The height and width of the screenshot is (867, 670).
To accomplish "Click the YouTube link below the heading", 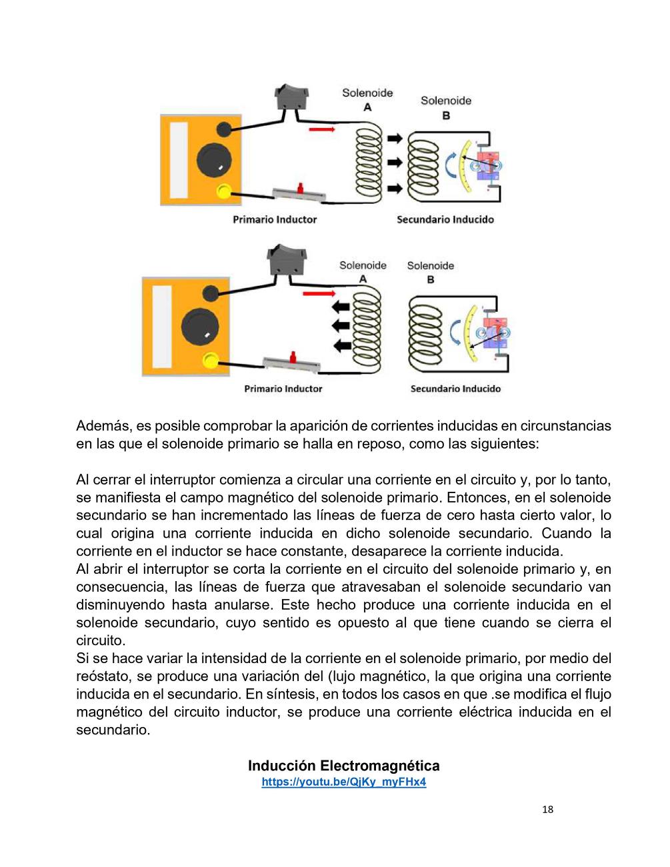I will coord(343,782).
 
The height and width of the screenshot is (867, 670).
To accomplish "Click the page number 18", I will coord(547,810).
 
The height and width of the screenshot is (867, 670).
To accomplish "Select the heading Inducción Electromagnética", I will coord(343,765).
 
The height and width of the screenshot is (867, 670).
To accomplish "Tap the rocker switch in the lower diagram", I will coord(287,260).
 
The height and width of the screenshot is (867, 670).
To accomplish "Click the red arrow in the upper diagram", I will coord(321,129).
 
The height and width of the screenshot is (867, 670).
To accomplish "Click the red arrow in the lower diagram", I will coord(319,293).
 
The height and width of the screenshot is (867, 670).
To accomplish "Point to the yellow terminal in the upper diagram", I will coord(223,191).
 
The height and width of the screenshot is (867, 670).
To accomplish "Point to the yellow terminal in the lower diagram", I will coord(210,361).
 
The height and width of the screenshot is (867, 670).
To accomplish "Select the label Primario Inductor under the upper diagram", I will coord(274,219).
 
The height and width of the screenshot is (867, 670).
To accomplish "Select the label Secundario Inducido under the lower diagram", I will coord(455,389).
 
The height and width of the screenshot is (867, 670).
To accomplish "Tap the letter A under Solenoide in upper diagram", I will coord(367,107).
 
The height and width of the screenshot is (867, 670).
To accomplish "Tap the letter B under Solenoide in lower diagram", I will coord(430,279).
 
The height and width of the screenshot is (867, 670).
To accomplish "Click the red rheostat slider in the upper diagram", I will coord(301,188).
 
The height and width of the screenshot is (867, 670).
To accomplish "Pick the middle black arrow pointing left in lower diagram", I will coord(341,325).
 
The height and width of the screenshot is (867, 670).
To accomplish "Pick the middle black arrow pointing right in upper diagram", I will coord(395,162).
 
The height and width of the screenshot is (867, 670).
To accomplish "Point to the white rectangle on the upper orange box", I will coord(179,160).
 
